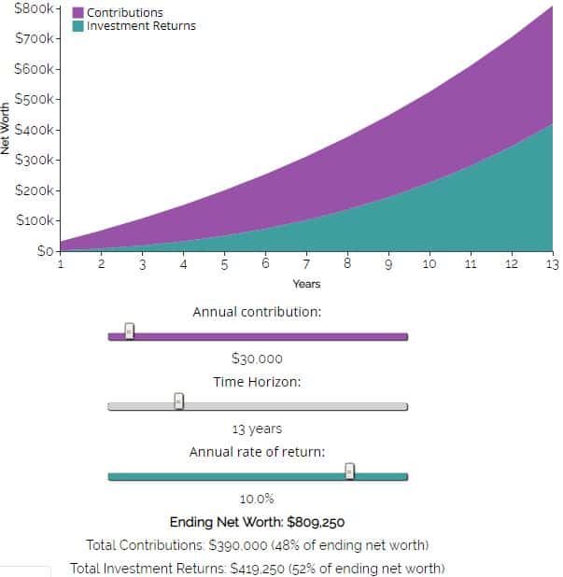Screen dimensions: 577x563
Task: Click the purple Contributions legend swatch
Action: [x=78, y=13]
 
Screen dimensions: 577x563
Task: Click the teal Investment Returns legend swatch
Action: [x=78, y=26]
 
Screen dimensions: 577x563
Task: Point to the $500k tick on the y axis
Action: [x=58, y=99]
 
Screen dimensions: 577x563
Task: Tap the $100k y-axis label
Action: [x=36, y=220]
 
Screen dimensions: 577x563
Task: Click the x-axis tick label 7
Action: [x=306, y=264]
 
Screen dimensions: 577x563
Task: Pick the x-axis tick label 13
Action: [x=552, y=264]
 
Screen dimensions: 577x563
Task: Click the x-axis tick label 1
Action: [x=61, y=264]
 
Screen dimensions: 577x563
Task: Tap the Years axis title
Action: [x=306, y=284]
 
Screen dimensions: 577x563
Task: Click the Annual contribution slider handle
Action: [x=130, y=331]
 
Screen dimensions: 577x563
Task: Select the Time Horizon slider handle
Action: [x=179, y=401]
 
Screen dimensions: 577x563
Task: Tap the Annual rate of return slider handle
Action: [x=350, y=471]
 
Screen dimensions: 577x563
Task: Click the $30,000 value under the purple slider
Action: [x=257, y=359]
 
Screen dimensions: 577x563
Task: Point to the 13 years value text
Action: [x=257, y=429]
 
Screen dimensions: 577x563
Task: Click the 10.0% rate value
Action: [x=257, y=500]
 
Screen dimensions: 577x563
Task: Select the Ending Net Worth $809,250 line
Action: [x=257, y=523]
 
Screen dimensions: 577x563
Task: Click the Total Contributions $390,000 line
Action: [x=257, y=545]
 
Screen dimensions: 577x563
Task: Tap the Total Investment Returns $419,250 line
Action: [x=257, y=568]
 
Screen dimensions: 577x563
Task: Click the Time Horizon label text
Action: [x=257, y=382]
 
